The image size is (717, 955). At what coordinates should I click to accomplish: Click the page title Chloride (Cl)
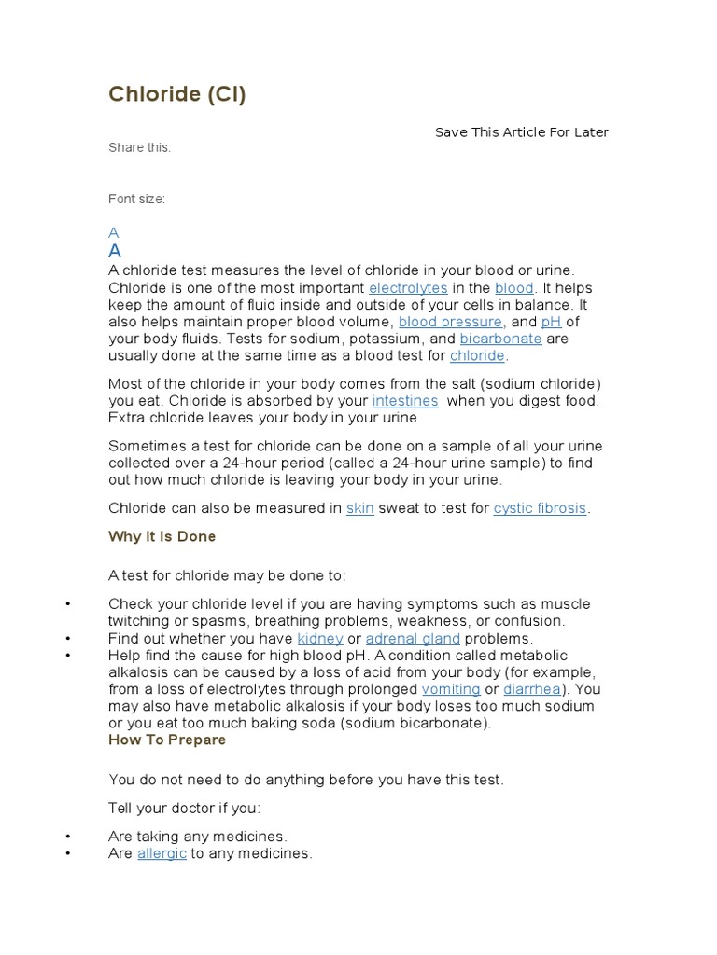[x=177, y=94]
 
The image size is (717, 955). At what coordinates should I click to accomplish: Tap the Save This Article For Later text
[x=521, y=132]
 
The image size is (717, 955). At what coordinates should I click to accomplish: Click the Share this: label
[x=139, y=147]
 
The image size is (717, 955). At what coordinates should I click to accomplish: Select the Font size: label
[x=136, y=199]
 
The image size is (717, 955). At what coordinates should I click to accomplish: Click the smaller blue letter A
[x=113, y=232]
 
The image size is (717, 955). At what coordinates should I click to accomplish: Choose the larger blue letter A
[x=115, y=251]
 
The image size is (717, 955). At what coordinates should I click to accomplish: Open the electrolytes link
[x=408, y=288]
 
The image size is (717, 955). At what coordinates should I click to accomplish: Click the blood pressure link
[x=451, y=322]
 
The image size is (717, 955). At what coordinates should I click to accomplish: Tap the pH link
[x=551, y=322]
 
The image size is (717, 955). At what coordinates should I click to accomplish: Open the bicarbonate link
[x=500, y=339]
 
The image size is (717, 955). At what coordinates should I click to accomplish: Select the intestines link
[x=405, y=401]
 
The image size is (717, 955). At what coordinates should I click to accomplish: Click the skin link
[x=359, y=508]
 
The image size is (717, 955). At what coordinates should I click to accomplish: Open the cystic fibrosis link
[x=540, y=508]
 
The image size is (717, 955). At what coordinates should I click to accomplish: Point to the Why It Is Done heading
[x=162, y=536]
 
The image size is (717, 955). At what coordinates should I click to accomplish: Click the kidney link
[x=319, y=639]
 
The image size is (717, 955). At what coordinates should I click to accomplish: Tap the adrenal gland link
[x=413, y=639]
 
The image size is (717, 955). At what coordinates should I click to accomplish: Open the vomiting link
[x=451, y=689]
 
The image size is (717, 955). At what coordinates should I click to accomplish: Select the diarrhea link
[x=532, y=689]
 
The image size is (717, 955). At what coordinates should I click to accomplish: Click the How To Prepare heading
[x=167, y=740]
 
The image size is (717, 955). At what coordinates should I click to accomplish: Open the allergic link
[x=162, y=853]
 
